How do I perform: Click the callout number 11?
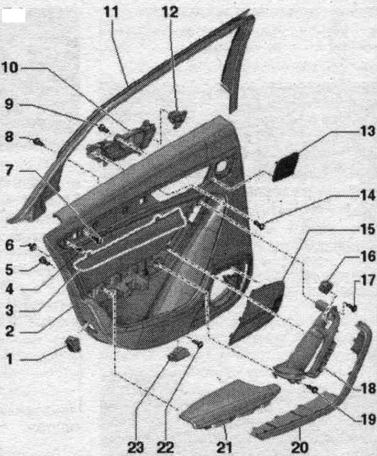pyautogui.click(x=112, y=12)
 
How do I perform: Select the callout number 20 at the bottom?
pyautogui.click(x=300, y=447)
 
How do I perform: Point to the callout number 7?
pyautogui.click(x=9, y=171)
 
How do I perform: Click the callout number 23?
pyautogui.click(x=136, y=447)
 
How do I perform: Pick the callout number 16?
pyautogui.click(x=368, y=257)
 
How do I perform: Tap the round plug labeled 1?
pyautogui.click(x=72, y=344)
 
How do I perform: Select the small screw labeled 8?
pyautogui.click(x=38, y=142)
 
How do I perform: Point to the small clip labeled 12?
pyautogui.click(x=177, y=119)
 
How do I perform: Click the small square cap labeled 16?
pyautogui.click(x=326, y=285)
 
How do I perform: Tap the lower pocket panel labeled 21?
pyautogui.click(x=230, y=404)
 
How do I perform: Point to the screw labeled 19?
pyautogui.click(x=314, y=388)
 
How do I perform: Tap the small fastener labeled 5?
pyautogui.click(x=43, y=261)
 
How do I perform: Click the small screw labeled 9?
pyautogui.click(x=103, y=128)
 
